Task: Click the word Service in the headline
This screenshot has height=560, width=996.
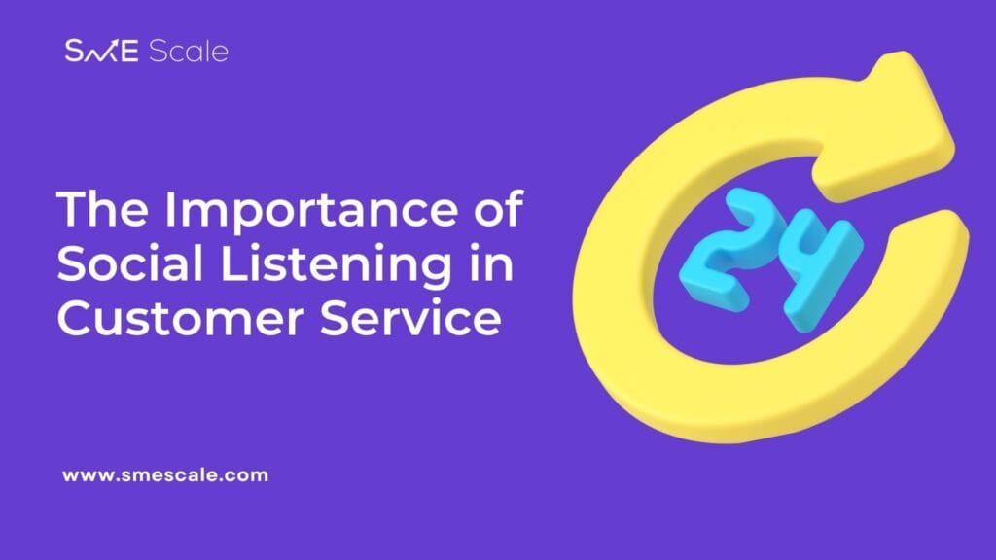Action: tap(411, 318)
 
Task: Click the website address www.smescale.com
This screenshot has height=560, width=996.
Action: tap(165, 475)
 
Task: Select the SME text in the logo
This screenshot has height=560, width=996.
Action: tap(101, 51)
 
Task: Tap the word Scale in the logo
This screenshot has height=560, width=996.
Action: tap(189, 51)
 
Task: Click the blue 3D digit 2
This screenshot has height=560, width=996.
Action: tap(729, 251)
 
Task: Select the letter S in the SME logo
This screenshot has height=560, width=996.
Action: tap(75, 51)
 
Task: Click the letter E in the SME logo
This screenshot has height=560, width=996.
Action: tap(129, 52)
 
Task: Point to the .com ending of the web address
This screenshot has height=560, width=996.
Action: tap(246, 475)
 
